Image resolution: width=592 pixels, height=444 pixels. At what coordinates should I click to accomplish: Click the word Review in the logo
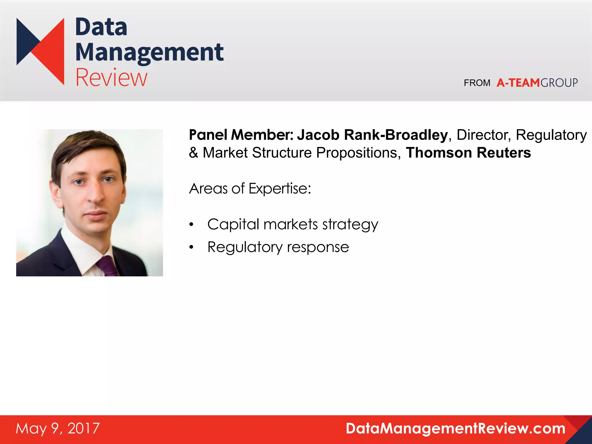tap(111, 77)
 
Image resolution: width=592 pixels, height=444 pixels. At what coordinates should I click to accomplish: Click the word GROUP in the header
tap(559, 83)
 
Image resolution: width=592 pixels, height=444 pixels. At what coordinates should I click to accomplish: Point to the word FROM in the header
tap(477, 83)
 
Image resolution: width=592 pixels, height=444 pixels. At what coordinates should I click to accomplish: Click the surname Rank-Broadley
tap(396, 135)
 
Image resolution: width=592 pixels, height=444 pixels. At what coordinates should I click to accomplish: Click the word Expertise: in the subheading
tap(280, 189)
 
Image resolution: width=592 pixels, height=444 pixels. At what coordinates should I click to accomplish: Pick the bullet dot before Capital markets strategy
tap(191, 225)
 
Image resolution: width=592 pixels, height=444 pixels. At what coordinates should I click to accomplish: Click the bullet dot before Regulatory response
tap(191, 247)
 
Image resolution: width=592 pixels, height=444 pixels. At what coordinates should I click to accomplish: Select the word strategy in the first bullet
tap(350, 225)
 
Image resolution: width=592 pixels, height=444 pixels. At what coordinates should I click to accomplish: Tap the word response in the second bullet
tap(318, 247)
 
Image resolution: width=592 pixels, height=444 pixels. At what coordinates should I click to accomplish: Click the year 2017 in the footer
tap(84, 428)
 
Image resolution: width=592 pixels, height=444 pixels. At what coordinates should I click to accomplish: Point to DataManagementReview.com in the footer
tap(456, 428)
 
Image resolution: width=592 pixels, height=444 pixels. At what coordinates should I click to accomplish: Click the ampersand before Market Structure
tap(193, 153)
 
